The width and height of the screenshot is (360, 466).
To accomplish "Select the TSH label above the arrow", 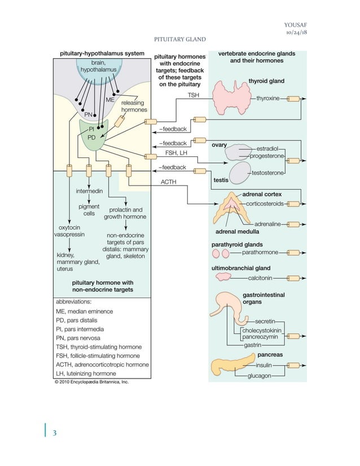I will tap(194, 96).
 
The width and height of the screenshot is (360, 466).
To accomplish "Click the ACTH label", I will tap(169, 182).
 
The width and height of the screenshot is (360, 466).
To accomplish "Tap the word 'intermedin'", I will tap(89, 191).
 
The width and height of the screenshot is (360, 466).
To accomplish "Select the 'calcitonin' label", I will tap(260, 278).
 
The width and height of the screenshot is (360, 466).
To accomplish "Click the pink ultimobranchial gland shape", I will tap(225, 277).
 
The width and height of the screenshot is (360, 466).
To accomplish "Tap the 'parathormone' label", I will tap(261, 253).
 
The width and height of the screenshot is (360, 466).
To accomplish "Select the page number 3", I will tap(54, 433).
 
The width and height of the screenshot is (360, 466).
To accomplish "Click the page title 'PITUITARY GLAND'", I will tap(179, 39).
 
